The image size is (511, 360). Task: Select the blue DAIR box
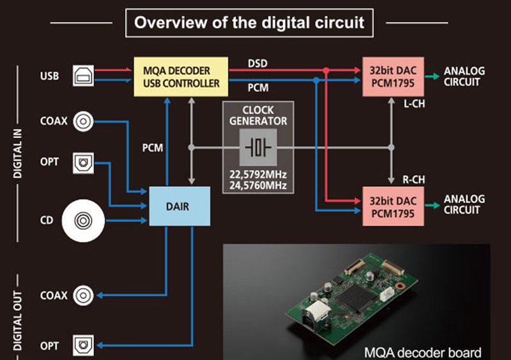tap(179, 206)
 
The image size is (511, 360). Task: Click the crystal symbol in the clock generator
tap(258, 148)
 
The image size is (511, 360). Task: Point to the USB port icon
tap(84, 77)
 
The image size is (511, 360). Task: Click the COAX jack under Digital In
tap(84, 121)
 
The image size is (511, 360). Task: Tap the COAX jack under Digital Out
tap(84, 296)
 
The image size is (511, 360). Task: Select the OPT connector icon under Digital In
tap(84, 162)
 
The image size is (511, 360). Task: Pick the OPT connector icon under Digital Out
tap(84, 345)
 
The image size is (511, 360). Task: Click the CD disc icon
tap(84, 221)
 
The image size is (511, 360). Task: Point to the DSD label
tap(257, 63)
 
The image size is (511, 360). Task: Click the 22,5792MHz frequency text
tap(258, 174)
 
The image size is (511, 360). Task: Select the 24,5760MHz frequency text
tap(258, 186)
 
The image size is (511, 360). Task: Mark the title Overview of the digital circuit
tap(249, 23)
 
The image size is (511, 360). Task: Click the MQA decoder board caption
tap(422, 352)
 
